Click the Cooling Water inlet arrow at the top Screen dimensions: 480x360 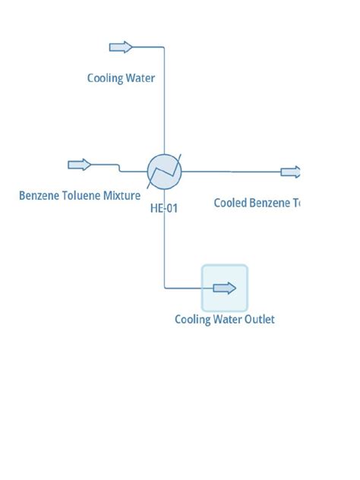coord(121,47)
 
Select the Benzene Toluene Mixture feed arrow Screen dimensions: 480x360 coord(79,165)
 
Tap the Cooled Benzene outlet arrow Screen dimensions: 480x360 coord(291,172)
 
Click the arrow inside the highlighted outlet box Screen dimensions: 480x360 coord(225,288)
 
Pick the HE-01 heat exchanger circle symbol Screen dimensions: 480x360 coord(165,170)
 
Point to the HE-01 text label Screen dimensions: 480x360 coord(164,208)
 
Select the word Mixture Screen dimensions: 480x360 coord(121,196)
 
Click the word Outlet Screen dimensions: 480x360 coord(258,319)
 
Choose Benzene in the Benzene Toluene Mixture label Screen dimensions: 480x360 coord(37,196)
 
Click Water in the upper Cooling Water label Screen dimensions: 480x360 coord(141,77)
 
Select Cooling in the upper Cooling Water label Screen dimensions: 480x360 coord(105,77)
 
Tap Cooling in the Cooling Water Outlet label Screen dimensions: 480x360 coord(192,319)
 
